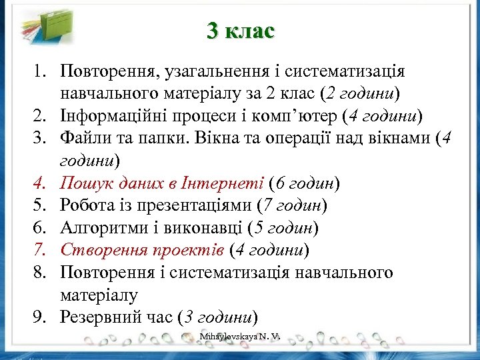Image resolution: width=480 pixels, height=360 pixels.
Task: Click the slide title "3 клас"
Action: tap(240, 31)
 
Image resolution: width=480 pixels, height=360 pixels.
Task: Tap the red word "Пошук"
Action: tap(82, 183)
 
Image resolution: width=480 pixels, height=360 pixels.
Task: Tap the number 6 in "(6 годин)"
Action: tap(283, 183)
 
